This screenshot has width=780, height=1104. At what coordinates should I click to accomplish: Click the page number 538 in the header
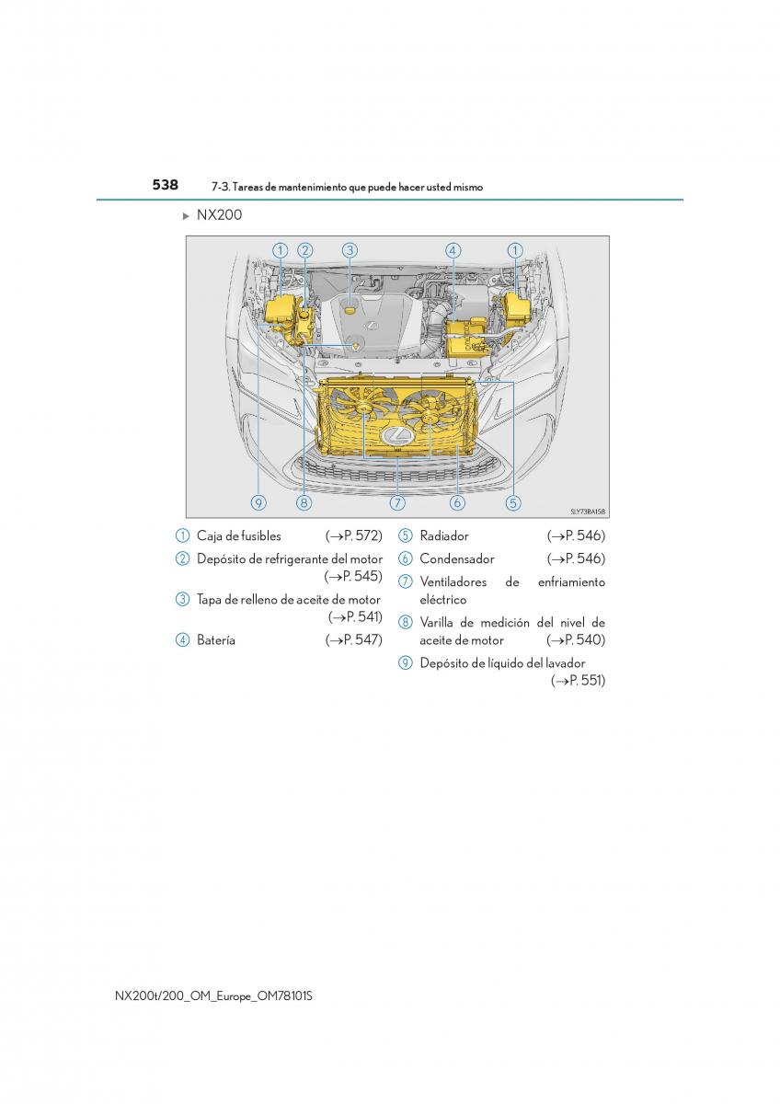[165, 185]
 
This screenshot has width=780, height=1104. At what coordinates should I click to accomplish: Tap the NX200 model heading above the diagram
[219, 215]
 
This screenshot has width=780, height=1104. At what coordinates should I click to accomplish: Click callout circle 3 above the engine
[350, 250]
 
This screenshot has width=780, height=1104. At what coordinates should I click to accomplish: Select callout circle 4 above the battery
[453, 250]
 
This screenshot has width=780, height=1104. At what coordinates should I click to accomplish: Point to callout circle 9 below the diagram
[258, 502]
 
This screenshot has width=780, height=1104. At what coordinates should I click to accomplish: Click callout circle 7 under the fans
[397, 502]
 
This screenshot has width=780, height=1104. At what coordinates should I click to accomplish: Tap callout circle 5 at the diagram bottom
[513, 502]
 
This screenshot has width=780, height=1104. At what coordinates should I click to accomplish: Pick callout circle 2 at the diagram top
[305, 250]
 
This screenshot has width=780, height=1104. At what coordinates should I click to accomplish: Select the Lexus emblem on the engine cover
[369, 327]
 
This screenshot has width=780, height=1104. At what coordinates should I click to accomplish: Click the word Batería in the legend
[216, 640]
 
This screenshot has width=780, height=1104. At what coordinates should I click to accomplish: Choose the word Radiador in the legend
[444, 535]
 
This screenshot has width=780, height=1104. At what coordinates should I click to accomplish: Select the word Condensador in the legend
[457, 558]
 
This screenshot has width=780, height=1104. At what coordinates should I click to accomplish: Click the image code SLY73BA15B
[588, 512]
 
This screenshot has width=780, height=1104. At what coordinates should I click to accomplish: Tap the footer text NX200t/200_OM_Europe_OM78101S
[213, 996]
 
